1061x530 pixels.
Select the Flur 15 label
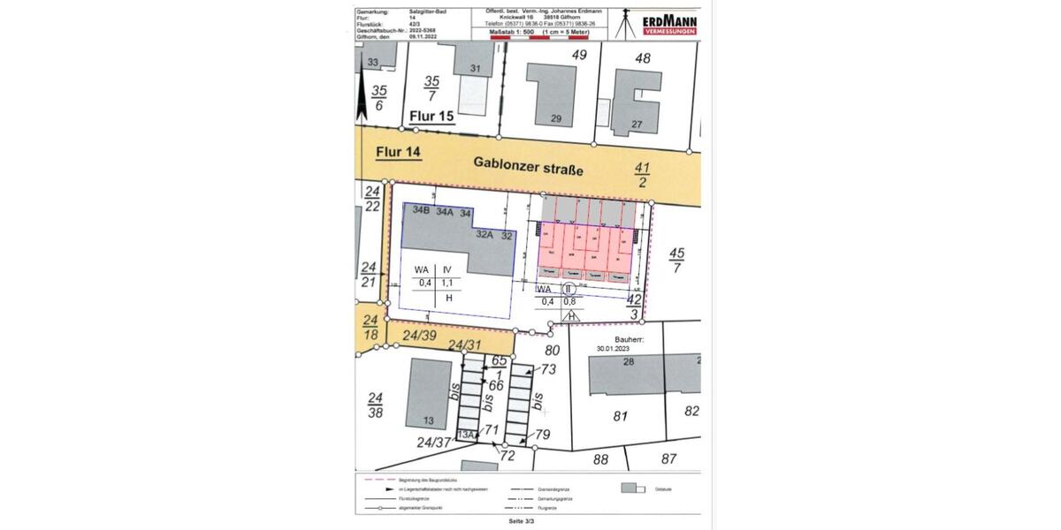tap(431, 116)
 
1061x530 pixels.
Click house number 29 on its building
tap(556, 118)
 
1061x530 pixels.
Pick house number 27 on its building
tap(637, 124)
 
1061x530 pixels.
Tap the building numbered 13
tap(428, 420)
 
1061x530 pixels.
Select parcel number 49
tap(580, 55)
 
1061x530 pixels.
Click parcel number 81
tap(621, 416)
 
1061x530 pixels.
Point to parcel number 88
tap(601, 458)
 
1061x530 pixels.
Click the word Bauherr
tap(631, 338)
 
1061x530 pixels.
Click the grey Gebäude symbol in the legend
tap(631, 488)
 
